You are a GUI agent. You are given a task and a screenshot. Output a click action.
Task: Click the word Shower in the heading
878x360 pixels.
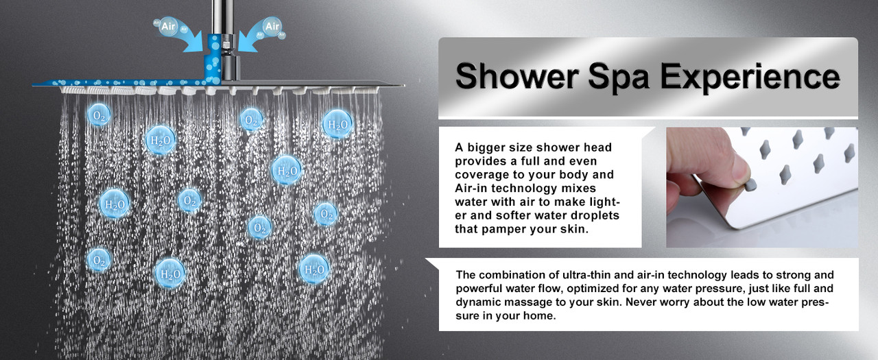coord(517,76)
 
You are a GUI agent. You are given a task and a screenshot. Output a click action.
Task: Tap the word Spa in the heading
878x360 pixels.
coord(619,77)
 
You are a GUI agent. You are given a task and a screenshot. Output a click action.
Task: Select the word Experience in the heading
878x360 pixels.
coord(750,77)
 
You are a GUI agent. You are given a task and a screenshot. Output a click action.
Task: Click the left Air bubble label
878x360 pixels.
coord(169,26)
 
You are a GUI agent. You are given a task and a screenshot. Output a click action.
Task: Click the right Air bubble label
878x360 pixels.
coord(272,26)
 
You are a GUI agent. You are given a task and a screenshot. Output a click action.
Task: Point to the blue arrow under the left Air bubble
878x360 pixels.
coord(187,40)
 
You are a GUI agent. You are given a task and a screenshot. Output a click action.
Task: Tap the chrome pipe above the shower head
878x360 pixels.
coord(222,16)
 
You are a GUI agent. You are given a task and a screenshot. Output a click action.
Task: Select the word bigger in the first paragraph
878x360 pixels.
coord(486,147)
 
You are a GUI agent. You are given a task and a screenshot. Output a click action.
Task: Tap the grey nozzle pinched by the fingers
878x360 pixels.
coord(750,184)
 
